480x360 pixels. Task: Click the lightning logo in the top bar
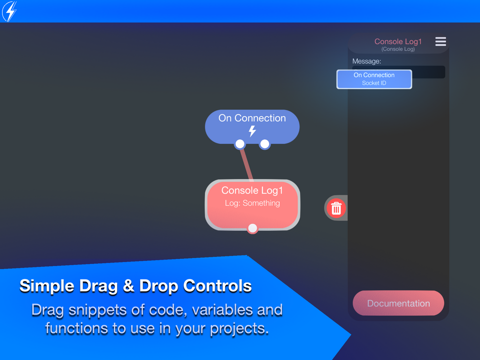[x=9, y=11]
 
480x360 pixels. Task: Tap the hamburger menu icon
[x=440, y=41]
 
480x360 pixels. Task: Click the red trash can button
[x=336, y=208]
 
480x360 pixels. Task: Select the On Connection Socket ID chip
[x=374, y=79]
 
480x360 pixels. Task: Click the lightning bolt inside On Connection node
[x=252, y=131]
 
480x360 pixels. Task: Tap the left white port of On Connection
[x=240, y=144]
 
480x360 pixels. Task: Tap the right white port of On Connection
[x=264, y=144]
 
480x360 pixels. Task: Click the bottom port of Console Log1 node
[x=252, y=228]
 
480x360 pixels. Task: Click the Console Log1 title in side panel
[x=398, y=41]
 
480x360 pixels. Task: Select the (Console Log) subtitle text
[x=398, y=49]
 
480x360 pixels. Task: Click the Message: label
[x=366, y=61]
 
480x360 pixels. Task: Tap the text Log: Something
[x=252, y=203]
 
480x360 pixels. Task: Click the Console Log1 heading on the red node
[x=252, y=190]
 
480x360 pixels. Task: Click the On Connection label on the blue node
[x=252, y=118]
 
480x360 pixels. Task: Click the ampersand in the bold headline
[x=128, y=286]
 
